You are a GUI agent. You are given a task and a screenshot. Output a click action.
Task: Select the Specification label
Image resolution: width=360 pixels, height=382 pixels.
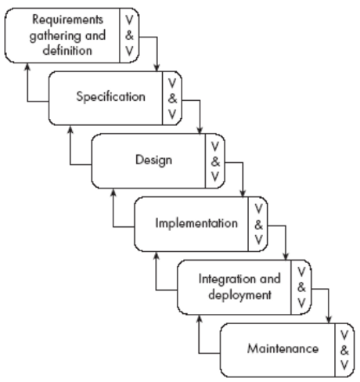(x=110, y=97)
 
